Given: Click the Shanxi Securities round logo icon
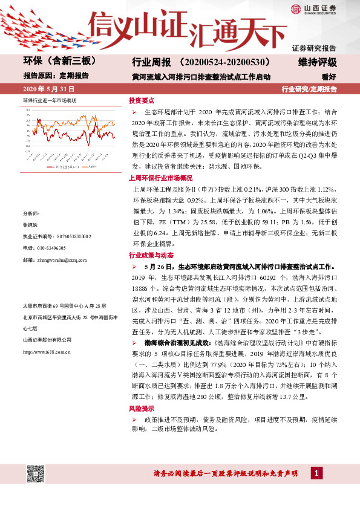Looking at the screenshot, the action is pos(295,8).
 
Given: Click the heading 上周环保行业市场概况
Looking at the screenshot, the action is pos(161,178).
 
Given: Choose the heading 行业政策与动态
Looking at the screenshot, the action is pos(151,256).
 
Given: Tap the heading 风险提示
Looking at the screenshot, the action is pos(141,409).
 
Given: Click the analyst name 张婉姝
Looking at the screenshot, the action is pos(30,225).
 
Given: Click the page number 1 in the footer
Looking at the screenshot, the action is pos(315,472).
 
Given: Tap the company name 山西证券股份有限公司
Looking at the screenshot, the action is pos(48,340).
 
